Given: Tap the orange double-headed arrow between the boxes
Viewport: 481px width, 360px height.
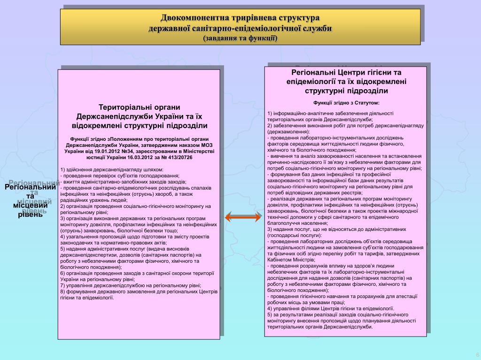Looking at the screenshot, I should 243,217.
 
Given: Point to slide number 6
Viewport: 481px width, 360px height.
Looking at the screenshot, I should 477,354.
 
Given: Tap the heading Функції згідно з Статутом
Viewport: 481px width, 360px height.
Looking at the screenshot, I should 346,102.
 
